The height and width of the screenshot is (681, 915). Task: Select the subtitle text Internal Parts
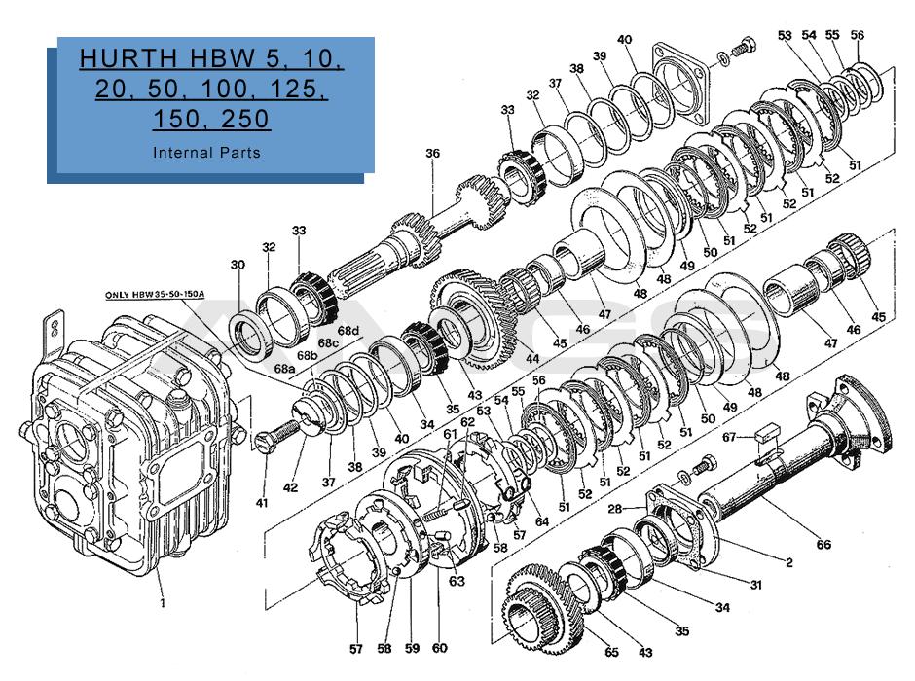(x=206, y=153)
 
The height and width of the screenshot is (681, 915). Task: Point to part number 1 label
(x=163, y=602)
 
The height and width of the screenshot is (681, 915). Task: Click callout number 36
(x=432, y=153)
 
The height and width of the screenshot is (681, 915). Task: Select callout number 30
(x=238, y=265)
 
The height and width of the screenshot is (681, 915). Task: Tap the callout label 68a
(x=284, y=369)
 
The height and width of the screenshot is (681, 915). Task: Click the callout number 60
(x=439, y=649)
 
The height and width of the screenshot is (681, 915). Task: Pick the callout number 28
(x=614, y=509)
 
